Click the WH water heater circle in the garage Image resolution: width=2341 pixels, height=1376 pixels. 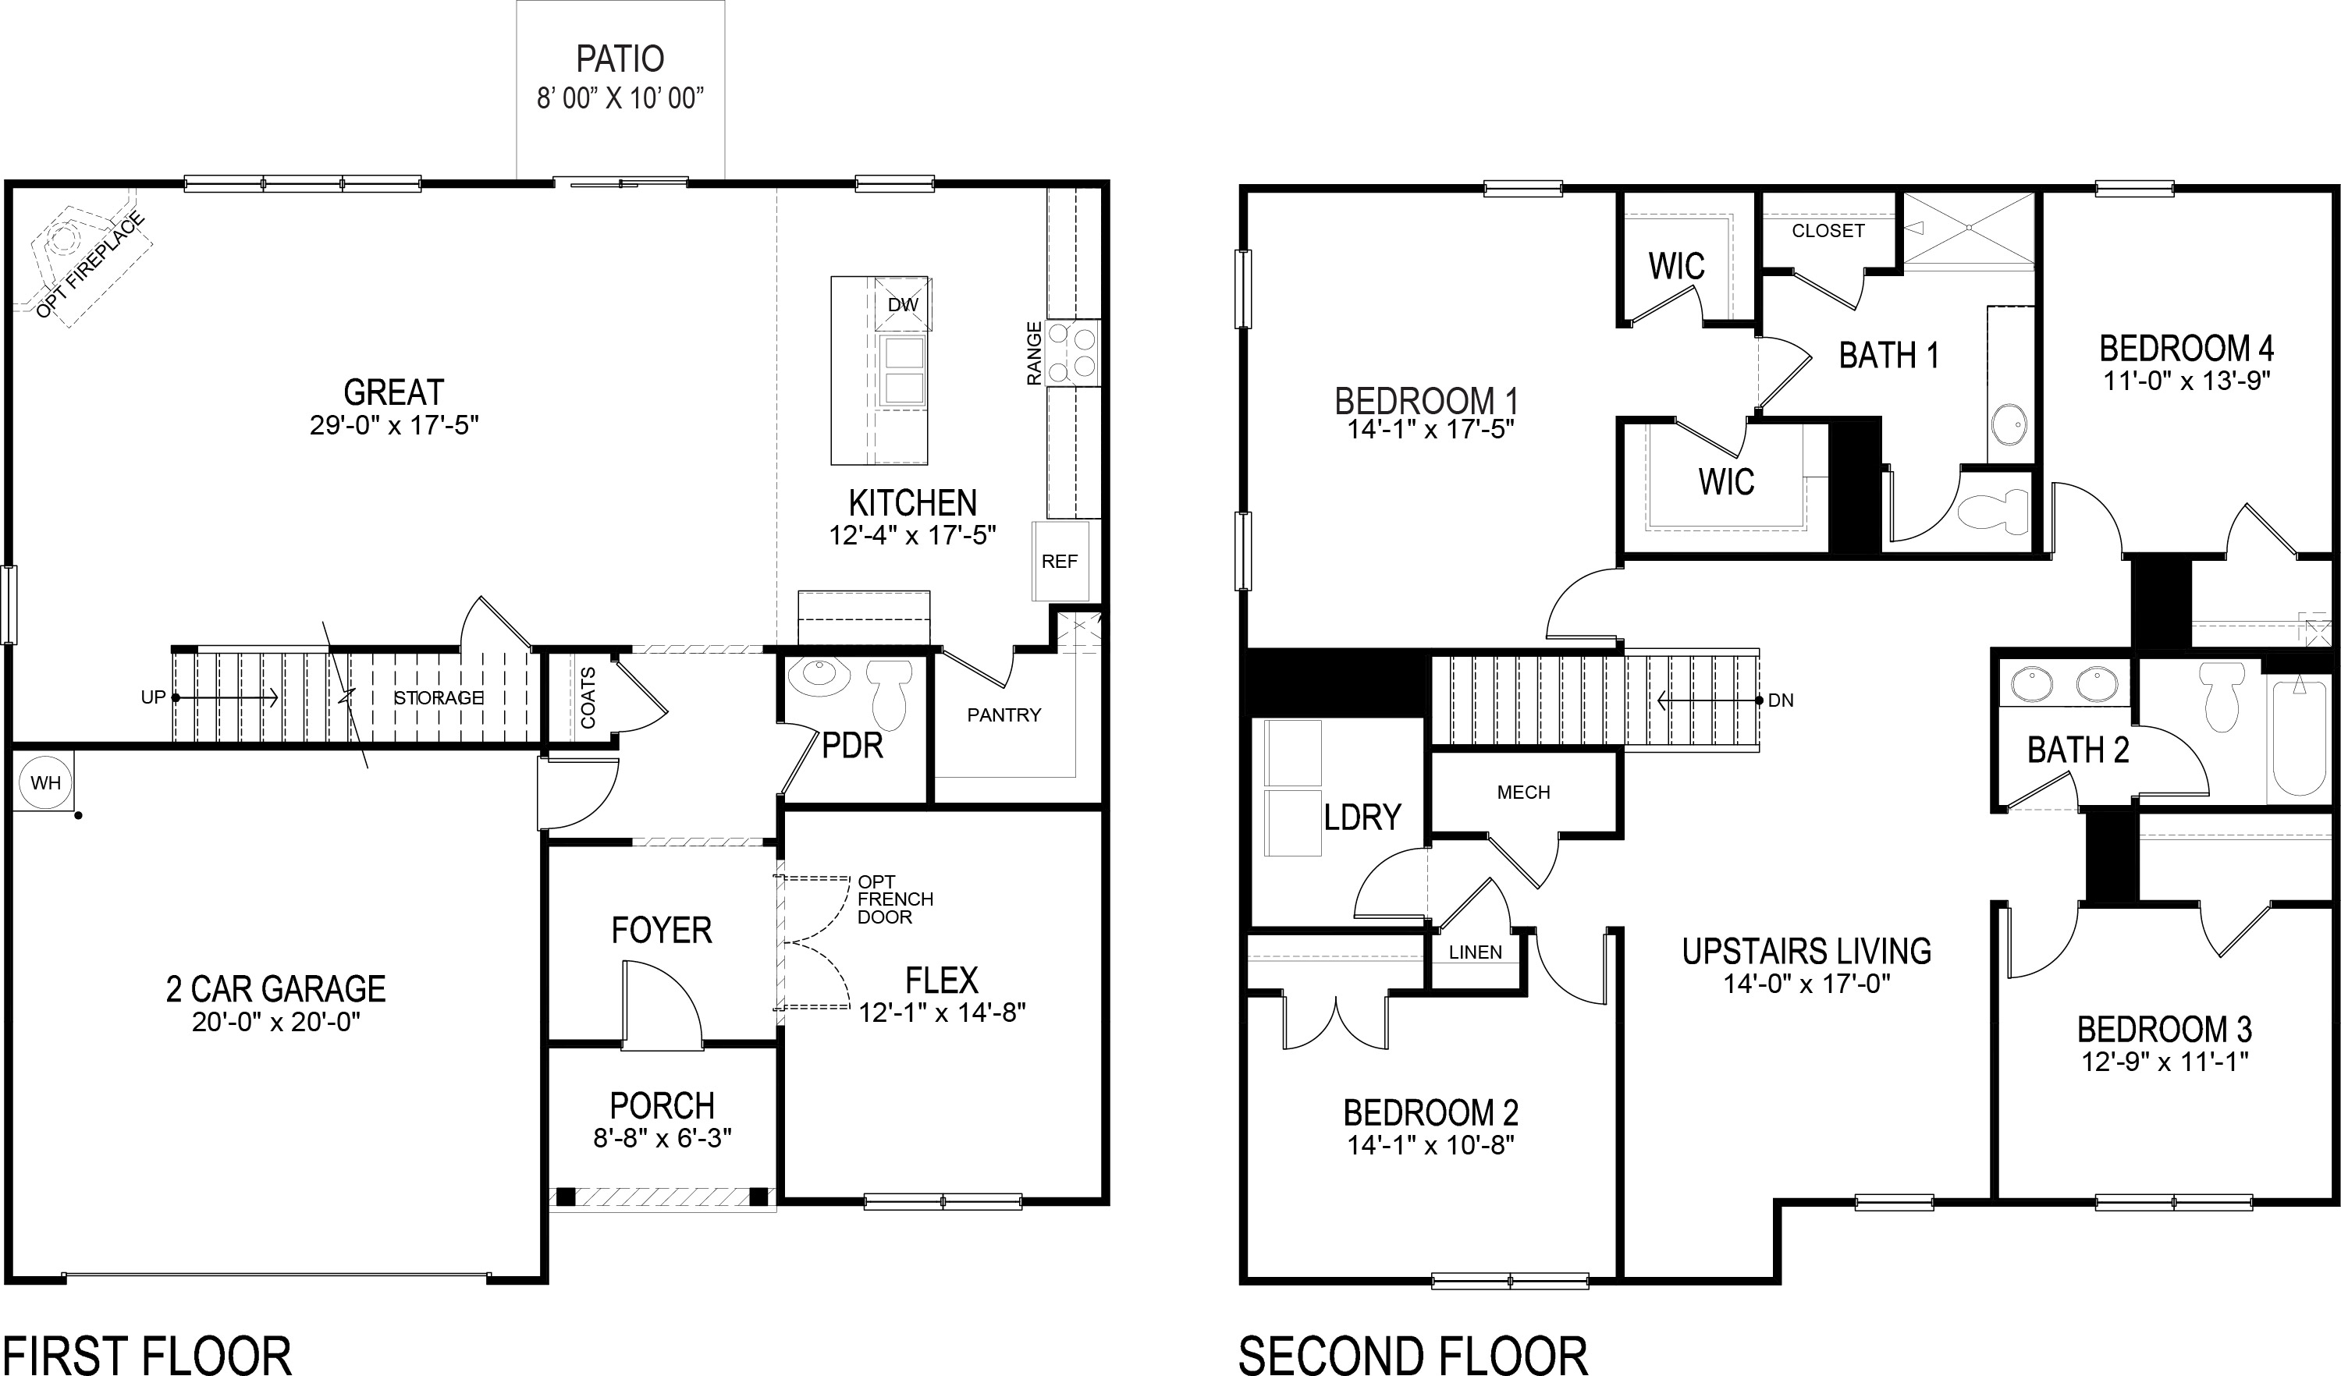point(45,782)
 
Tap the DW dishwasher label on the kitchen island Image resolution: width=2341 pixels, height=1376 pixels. point(902,304)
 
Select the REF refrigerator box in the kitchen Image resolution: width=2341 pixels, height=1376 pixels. point(1059,562)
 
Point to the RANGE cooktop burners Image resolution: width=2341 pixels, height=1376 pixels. point(1073,353)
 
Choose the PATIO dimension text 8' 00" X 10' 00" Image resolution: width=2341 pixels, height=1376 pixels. point(620,98)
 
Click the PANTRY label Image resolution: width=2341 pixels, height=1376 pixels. point(1004,715)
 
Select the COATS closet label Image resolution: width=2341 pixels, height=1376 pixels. point(588,697)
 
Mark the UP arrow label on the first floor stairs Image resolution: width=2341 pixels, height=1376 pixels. point(153,697)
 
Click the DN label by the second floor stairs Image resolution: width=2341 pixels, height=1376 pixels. point(1780,700)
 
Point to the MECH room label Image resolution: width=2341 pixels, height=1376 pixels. point(1523,792)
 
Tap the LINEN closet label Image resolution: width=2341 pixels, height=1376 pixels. point(1475,952)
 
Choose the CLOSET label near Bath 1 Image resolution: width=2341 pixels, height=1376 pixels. point(1828,230)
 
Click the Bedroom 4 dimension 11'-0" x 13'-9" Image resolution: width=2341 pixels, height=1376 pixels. point(2186,380)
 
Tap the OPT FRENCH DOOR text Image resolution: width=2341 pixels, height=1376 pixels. point(893,899)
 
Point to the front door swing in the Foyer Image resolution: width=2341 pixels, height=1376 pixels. point(663,1006)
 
